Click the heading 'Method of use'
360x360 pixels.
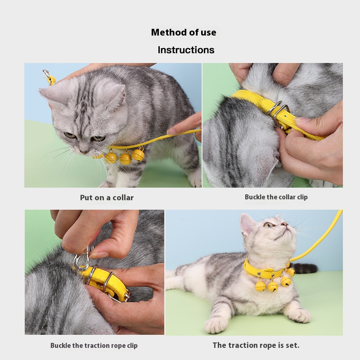coord(184,32)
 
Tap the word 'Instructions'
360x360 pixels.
coord(186,50)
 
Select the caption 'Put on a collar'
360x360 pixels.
coord(107,198)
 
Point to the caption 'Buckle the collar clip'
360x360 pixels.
coord(276,197)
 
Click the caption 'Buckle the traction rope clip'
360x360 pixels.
coord(94,345)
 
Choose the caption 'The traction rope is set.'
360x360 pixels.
coord(256,345)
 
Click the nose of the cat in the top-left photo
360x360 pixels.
coord(83,152)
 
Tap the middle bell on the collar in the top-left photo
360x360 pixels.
coord(125,157)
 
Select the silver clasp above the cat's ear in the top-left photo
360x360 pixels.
coord(46,74)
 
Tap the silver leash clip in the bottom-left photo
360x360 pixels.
coord(83,258)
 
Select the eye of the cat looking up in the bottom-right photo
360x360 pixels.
coord(267,225)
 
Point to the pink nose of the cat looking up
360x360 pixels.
coord(284,224)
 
